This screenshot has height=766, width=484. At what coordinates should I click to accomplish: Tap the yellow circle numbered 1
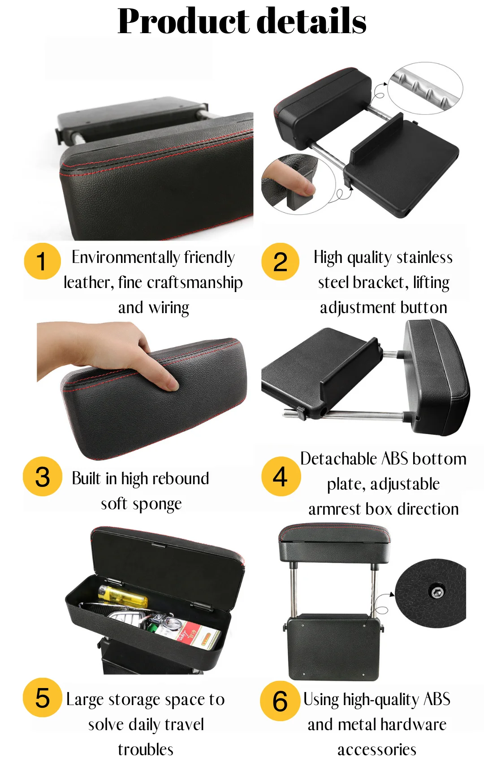43,261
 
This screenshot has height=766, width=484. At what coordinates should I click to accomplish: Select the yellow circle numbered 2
280,262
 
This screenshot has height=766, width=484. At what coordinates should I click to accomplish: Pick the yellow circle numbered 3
43,476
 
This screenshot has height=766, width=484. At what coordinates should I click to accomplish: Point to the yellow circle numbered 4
281,476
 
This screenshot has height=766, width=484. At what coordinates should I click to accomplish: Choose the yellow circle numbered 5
43,697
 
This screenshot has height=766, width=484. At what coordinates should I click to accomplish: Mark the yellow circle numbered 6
280,701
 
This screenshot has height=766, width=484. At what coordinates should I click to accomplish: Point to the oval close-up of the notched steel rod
425,88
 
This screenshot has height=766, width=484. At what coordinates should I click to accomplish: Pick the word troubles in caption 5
146,749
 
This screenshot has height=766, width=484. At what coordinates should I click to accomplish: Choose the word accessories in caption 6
376,750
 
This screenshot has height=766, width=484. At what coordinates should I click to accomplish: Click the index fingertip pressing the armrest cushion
171,385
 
